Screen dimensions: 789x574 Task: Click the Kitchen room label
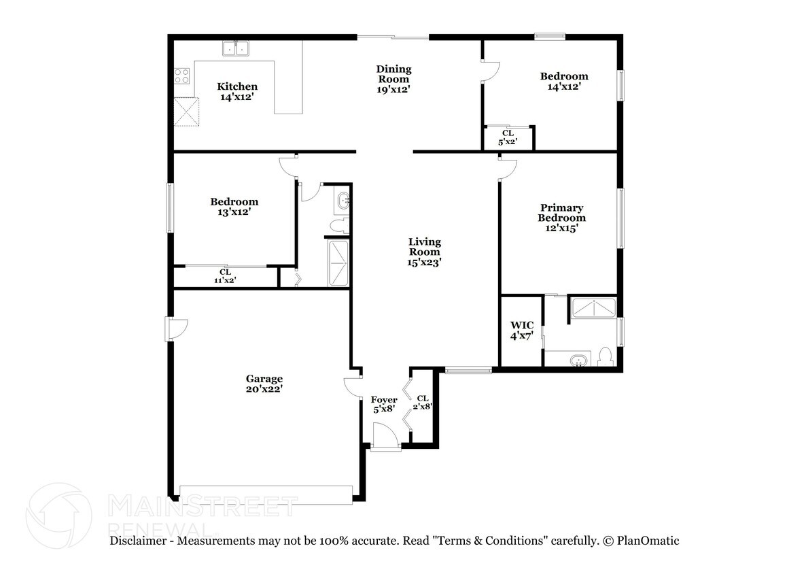point(237,86)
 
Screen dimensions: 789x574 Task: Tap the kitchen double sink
point(236,48)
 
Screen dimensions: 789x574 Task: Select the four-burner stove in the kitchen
point(181,76)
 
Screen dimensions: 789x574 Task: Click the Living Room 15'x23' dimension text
point(424,263)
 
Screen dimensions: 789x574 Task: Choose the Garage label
point(264,379)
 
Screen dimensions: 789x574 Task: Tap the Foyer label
point(384,400)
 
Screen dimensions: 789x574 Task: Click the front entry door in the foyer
point(385,435)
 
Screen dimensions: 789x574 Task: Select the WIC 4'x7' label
point(522,331)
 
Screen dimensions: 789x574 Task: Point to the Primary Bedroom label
point(561,212)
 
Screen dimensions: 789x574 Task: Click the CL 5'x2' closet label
point(508,137)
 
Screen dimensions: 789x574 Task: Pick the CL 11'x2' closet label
point(225,276)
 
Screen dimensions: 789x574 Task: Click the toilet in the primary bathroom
point(606,356)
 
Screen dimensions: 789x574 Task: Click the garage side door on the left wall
point(177,328)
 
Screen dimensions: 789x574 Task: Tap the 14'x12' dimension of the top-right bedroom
point(564,86)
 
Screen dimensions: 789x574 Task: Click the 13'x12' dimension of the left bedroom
point(234,212)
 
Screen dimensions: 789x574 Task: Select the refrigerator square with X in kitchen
point(187,112)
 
